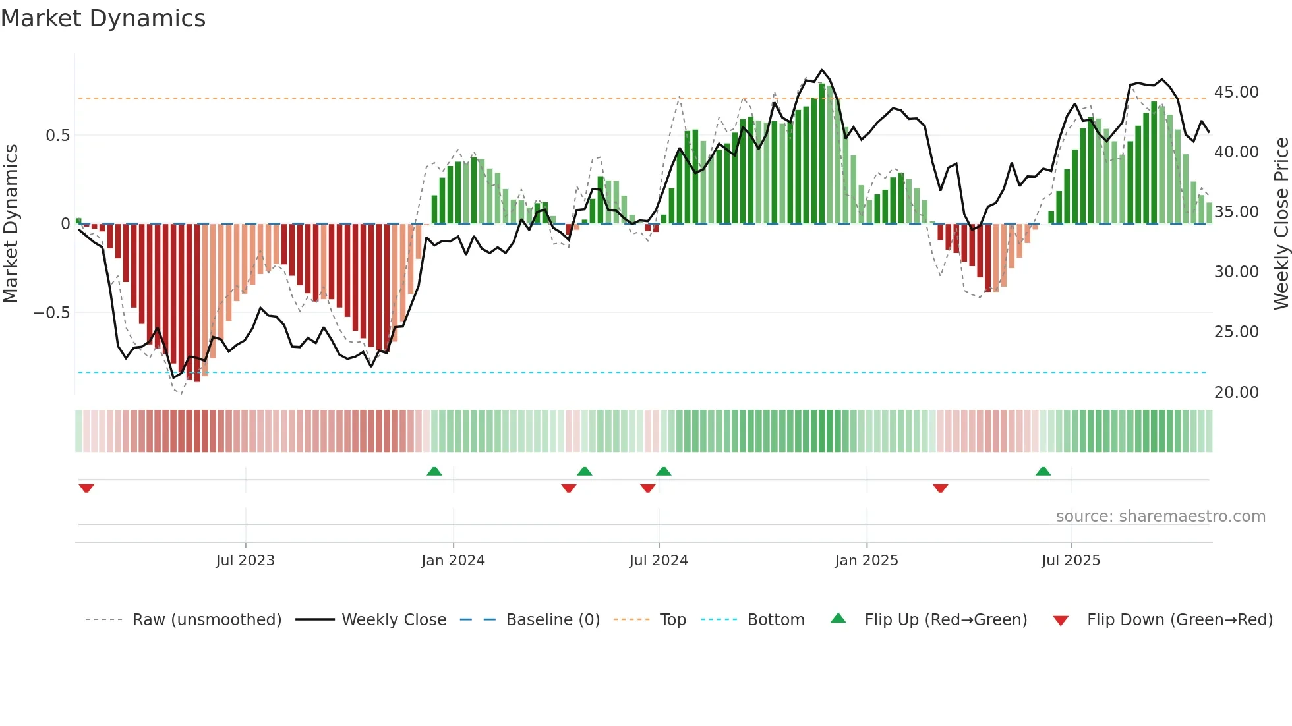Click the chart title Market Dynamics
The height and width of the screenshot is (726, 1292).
point(103,18)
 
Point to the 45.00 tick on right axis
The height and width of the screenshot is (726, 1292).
point(1236,92)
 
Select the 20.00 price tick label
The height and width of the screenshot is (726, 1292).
point(1236,392)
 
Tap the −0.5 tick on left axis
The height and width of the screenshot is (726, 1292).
point(52,312)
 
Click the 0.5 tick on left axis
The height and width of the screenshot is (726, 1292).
point(57,136)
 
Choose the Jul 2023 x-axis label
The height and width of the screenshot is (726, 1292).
point(245,561)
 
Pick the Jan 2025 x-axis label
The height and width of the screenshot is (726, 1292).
point(866,561)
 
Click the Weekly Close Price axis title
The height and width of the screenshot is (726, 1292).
point(1281,224)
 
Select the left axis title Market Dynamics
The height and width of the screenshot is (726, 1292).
point(11,224)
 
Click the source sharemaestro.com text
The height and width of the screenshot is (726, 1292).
point(1160,517)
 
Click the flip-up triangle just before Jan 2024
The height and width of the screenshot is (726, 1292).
point(434,472)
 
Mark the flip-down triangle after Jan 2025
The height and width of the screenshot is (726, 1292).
point(941,488)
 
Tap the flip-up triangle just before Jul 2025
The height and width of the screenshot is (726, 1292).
point(1043,472)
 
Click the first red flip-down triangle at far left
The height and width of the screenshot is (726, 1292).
point(86,488)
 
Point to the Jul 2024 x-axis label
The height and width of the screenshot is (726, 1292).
point(659,561)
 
